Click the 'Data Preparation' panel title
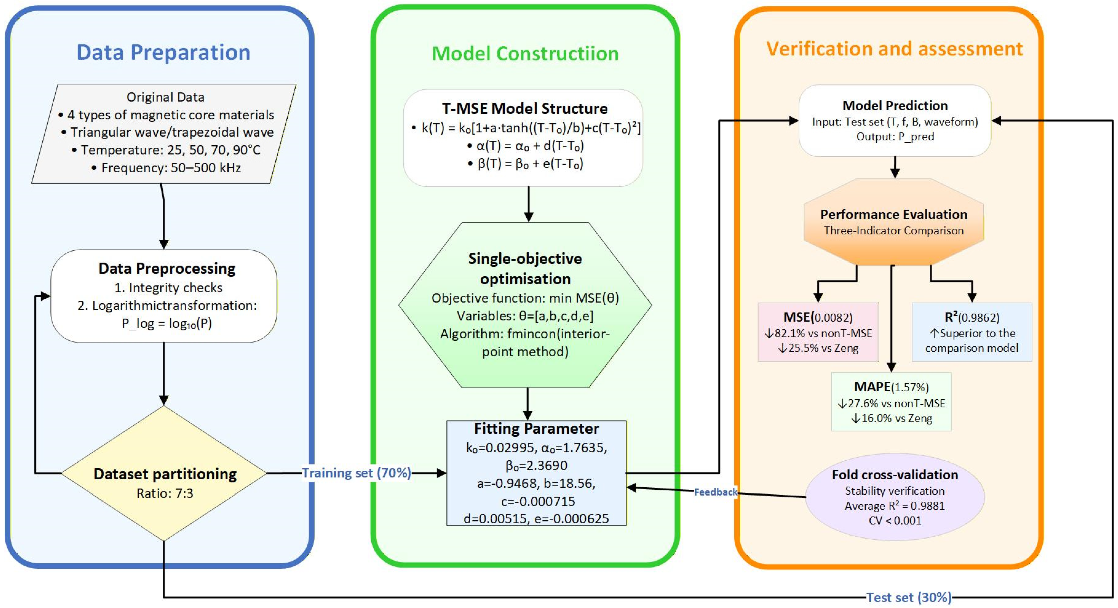164,53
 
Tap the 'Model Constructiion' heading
525,54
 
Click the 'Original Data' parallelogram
164,134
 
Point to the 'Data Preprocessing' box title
167,268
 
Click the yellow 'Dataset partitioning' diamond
164,473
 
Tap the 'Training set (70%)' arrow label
356,473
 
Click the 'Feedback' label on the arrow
716,492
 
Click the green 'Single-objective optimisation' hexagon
525,305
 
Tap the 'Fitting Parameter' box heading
537,429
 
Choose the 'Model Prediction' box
895,121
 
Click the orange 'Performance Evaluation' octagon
894,222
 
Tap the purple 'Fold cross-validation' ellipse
895,497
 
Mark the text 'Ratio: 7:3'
165,493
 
